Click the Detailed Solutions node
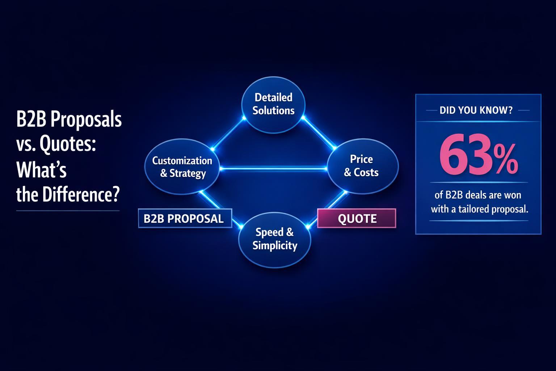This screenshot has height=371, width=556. click(x=273, y=104)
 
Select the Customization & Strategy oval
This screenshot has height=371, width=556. click(x=182, y=167)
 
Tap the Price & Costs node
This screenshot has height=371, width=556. click(x=362, y=166)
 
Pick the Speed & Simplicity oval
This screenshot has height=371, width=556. click(x=275, y=239)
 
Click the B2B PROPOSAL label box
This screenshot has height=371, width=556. click(x=185, y=218)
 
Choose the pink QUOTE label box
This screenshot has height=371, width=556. click(x=357, y=218)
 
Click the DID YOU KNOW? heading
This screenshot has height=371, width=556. click(x=476, y=110)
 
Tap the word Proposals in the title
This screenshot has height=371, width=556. click(x=86, y=120)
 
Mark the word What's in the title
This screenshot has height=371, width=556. click(x=42, y=170)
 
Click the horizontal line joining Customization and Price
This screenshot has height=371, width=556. click(x=273, y=168)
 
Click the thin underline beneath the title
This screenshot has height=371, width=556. click(x=68, y=210)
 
